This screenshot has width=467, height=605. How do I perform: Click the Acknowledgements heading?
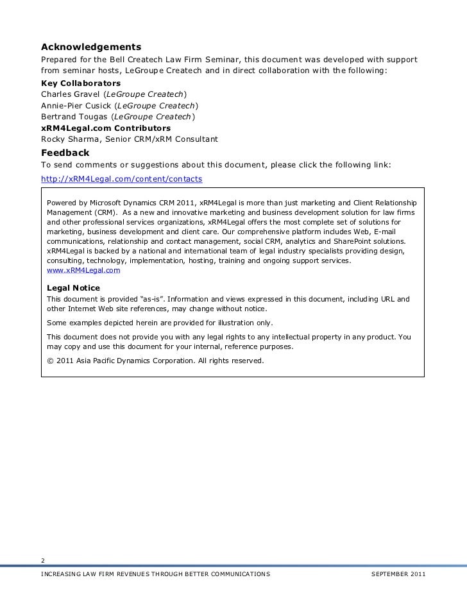click(91, 47)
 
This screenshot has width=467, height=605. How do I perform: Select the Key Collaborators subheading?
click(81, 83)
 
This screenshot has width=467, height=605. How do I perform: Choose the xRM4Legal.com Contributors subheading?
click(106, 128)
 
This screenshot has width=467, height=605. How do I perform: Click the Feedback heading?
click(65, 153)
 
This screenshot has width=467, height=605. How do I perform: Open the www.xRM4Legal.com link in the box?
click(83, 270)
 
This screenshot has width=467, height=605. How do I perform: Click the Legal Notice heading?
click(74, 288)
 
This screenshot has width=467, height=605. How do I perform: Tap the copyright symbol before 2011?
click(51, 361)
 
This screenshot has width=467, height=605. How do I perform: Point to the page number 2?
click(43, 558)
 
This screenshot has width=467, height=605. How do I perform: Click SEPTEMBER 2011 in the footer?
click(398, 572)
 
